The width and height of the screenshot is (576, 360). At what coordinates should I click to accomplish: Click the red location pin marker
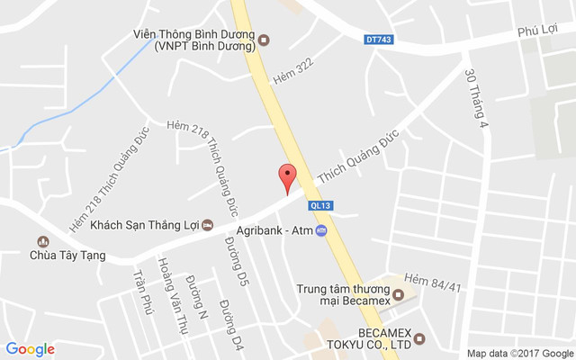coord(287,176)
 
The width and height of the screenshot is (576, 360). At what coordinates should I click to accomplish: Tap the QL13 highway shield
coord(319,205)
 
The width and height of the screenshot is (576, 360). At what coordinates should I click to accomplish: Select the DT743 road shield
coord(379,39)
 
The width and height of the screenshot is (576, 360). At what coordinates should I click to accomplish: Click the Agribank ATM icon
coord(321,231)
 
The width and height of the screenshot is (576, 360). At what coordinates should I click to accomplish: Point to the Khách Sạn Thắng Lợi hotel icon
coord(208,224)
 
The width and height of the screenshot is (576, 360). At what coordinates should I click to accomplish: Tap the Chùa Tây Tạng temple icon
coord(41,241)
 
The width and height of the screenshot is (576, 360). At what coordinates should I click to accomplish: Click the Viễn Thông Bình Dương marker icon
coord(264,38)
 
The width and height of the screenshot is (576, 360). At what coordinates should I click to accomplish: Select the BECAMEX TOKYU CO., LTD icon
coord(418,340)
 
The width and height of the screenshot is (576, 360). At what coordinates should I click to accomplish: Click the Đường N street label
coord(198,297)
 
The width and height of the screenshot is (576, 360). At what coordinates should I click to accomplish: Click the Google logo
coord(31,349)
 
